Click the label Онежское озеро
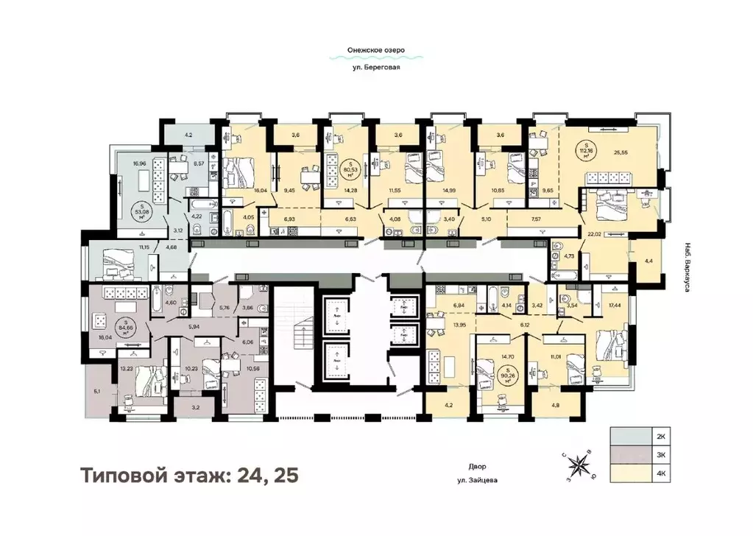click(376, 52)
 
